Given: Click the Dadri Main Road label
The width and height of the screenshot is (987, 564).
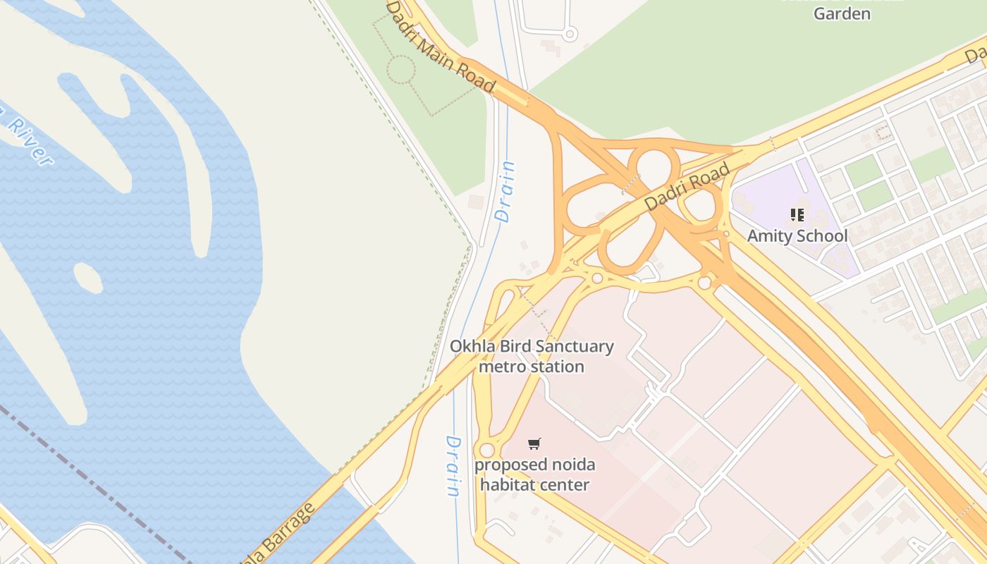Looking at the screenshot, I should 440,45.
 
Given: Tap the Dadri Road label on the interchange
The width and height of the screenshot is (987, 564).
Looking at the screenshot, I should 687,186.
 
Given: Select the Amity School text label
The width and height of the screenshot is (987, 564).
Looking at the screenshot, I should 797,235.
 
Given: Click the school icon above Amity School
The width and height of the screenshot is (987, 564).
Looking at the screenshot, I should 797,215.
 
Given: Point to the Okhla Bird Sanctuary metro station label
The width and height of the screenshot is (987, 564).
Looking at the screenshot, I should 532,356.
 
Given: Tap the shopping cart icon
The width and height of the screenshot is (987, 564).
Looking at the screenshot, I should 534,443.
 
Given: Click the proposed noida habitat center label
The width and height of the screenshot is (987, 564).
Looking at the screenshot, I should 534,474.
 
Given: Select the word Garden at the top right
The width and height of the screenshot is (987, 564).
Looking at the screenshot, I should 842,13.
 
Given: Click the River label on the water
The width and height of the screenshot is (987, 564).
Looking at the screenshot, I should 27,137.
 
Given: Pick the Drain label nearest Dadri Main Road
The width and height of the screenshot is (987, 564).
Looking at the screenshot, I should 505,192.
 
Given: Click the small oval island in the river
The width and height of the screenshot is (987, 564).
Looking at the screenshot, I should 87,278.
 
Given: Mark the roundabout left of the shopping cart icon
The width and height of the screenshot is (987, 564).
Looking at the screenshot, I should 486,450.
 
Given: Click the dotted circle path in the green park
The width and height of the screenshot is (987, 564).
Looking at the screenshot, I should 401,70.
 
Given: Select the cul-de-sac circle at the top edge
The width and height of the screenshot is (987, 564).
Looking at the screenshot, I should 570,33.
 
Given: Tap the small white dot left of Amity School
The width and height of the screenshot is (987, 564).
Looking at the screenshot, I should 726,234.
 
